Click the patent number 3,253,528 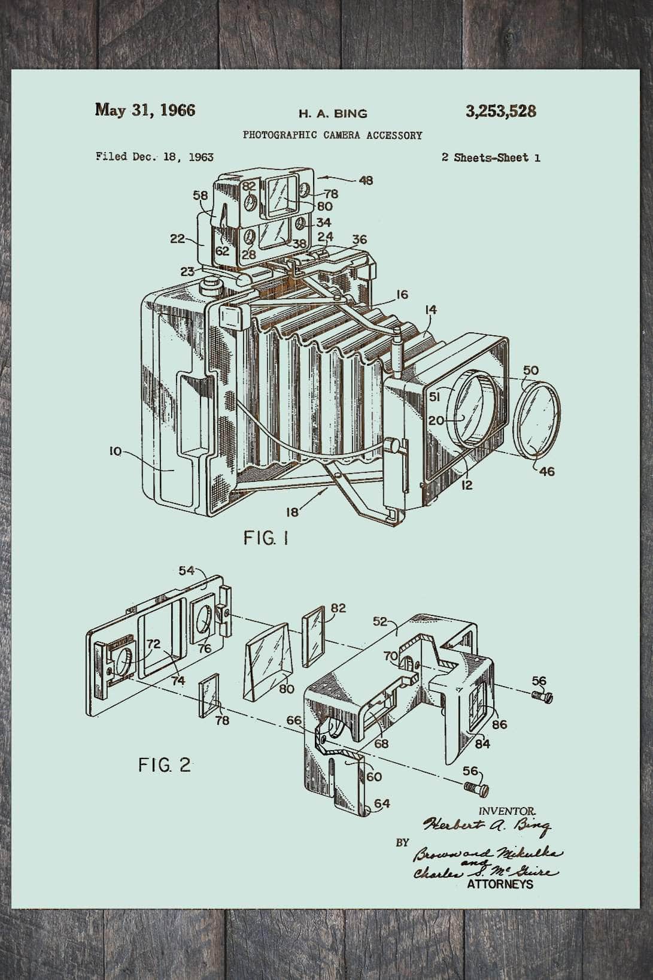coord(500,111)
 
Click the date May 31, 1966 coord(145,110)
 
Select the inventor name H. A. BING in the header coord(333,113)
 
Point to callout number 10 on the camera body coord(115,451)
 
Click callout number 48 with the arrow coord(366,180)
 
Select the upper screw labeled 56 coord(543,696)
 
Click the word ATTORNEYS coord(500,884)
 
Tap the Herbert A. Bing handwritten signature coord(487,827)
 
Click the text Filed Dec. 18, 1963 coord(154,157)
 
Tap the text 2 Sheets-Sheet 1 coord(490,157)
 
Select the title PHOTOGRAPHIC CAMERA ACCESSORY coord(332,135)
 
